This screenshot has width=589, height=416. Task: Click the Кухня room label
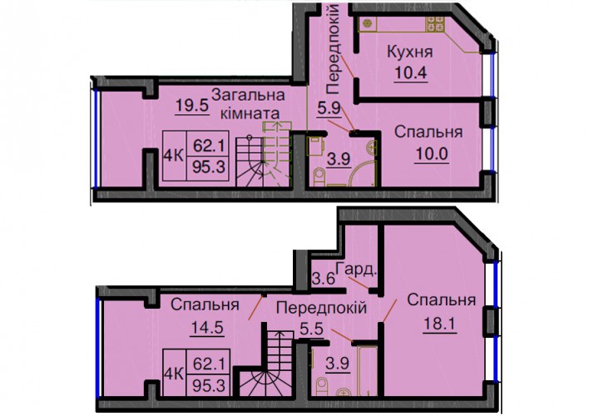coord(410,52)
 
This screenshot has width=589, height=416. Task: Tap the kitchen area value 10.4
coord(411,72)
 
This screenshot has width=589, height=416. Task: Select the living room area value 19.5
coord(192,106)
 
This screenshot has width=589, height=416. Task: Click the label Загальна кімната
coord(248,104)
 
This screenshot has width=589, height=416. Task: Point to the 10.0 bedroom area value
coord(432,154)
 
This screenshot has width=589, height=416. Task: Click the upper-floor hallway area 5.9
coord(329,110)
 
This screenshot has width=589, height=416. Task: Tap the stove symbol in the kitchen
coord(434,23)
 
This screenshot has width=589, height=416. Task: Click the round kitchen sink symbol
coord(367,23)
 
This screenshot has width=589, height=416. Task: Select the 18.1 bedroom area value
coord(439,323)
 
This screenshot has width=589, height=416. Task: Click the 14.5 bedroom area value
coord(207,327)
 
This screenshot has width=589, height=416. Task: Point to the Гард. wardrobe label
coord(355,270)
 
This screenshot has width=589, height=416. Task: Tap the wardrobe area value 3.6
coord(323,280)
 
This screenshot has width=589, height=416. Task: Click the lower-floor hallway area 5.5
coord(311,329)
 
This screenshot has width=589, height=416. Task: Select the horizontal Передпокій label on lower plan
coord(321,308)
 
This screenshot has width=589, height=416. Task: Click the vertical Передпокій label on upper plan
coord(333,49)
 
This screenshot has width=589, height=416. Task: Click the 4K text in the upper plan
coord(173,156)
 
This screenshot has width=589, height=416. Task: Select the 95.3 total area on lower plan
coord(209,385)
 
